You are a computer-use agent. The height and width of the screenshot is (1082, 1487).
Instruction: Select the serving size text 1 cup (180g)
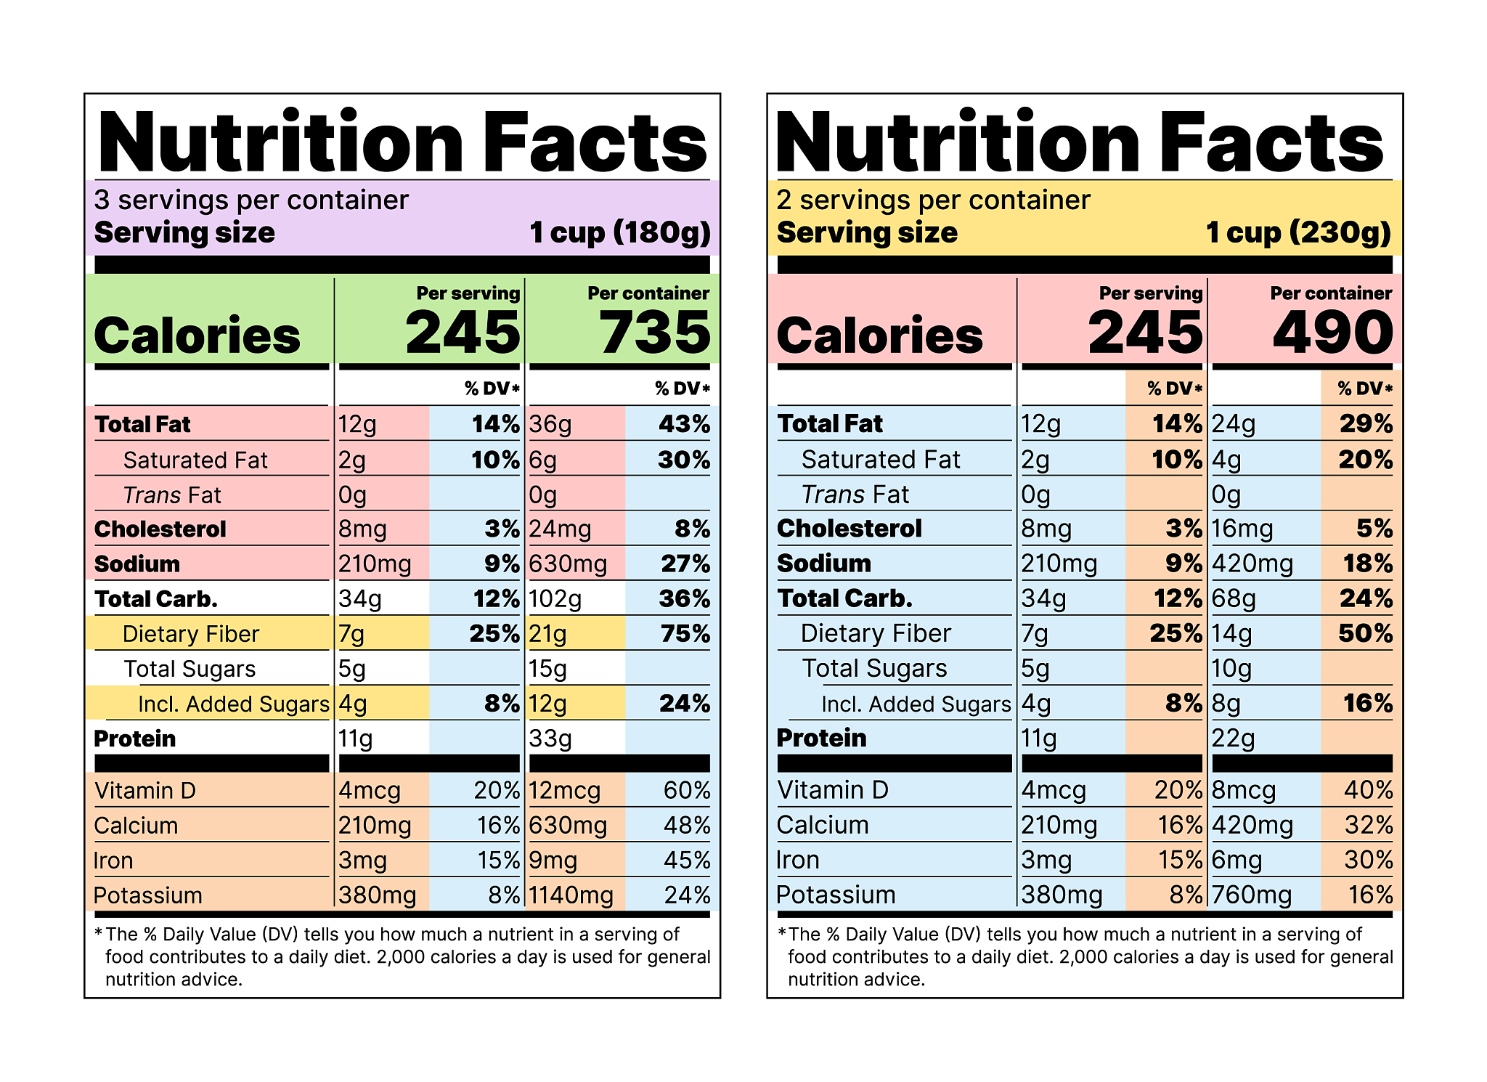[x=620, y=233]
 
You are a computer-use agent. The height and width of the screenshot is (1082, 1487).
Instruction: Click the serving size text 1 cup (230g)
[x=1298, y=233]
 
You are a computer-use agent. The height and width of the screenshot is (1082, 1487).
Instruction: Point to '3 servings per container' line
[x=251, y=200]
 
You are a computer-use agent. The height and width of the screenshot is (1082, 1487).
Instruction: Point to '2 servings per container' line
[x=933, y=200]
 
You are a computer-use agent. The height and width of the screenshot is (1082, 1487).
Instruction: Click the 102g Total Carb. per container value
[x=555, y=599]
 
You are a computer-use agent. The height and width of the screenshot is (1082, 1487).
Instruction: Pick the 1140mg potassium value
[x=571, y=895]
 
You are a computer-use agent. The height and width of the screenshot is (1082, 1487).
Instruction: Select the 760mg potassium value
[x=1252, y=895]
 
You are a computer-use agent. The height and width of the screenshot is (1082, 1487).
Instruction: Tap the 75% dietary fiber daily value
[x=685, y=634]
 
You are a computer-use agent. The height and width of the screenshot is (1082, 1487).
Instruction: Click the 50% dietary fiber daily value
[x=1366, y=634]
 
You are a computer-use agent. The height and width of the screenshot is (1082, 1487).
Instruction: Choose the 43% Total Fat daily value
[x=684, y=424]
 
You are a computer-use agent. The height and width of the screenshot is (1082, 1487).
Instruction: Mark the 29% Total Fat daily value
[x=1366, y=424]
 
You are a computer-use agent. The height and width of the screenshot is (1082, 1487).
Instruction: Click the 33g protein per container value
[x=550, y=739]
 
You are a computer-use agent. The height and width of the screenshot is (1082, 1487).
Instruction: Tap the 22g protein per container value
[x=1233, y=739]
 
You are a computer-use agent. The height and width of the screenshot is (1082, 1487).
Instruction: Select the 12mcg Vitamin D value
[x=565, y=791]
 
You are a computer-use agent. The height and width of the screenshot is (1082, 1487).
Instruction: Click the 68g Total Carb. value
[x=1234, y=599]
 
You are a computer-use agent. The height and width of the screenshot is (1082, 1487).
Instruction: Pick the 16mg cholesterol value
[x=1242, y=529]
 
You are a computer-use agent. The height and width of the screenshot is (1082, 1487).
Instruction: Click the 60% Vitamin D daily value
[x=687, y=791]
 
